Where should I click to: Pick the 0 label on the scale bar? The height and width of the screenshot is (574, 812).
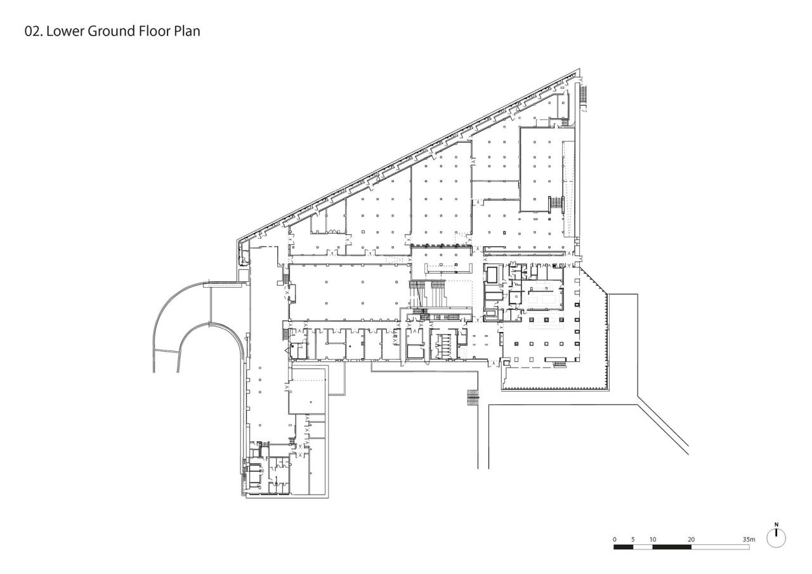(614, 539)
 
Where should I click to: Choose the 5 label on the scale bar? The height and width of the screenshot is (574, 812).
(633, 539)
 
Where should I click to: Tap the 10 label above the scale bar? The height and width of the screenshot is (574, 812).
(653, 539)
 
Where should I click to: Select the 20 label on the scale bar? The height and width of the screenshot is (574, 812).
(691, 539)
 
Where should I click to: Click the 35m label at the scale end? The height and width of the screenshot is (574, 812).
(749, 539)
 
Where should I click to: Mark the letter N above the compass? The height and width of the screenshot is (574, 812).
(776, 525)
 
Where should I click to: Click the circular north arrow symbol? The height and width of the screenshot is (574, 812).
(776, 538)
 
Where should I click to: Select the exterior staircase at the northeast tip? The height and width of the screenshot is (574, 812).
(584, 95)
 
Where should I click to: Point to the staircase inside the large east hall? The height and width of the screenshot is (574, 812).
(556, 203)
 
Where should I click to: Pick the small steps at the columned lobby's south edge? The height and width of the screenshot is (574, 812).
(559, 363)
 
